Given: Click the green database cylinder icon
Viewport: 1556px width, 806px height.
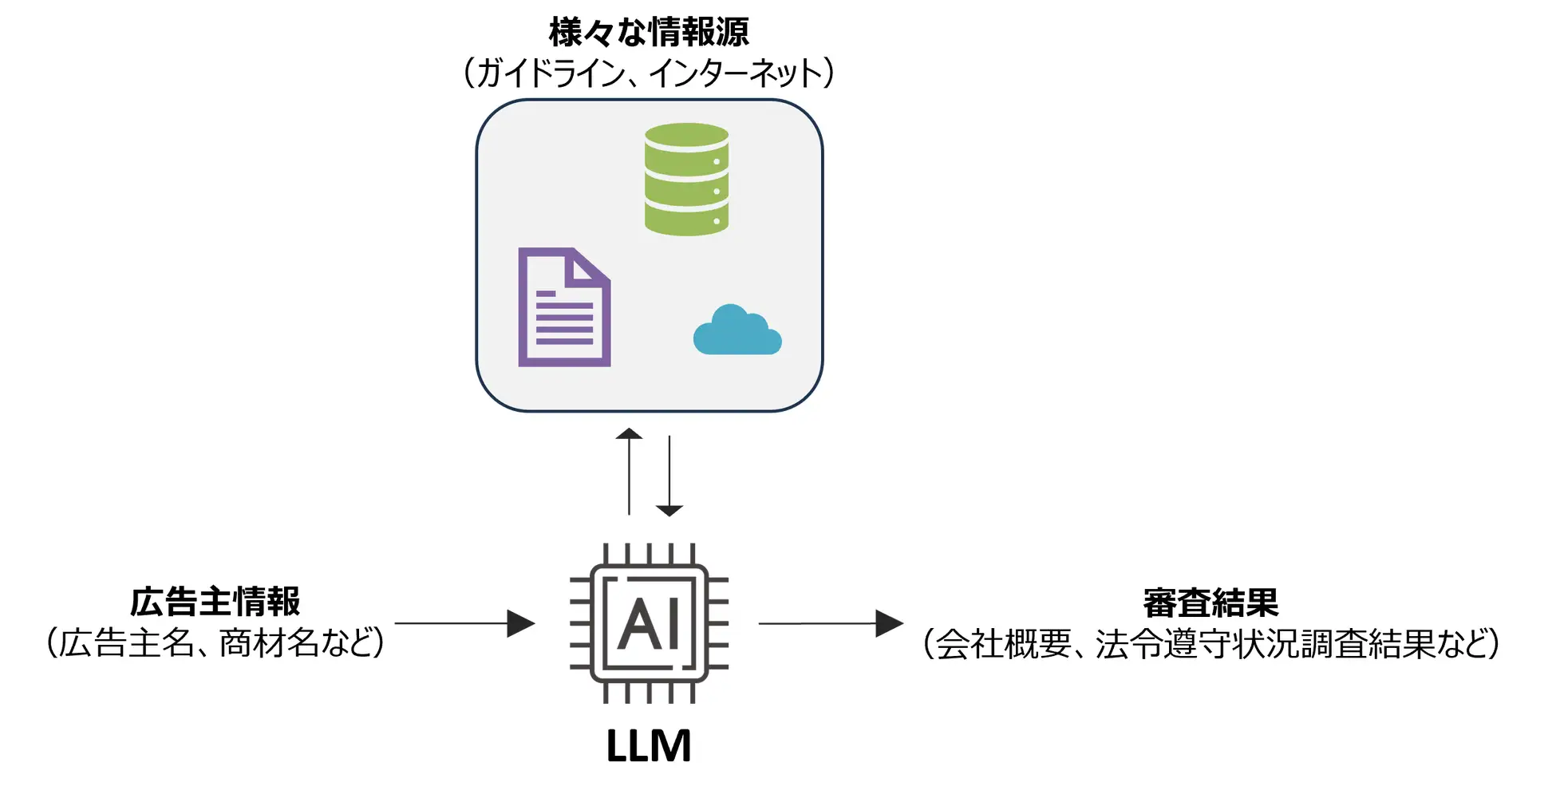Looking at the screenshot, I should pos(686,180).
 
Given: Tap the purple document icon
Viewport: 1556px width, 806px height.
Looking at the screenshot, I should pos(564,308).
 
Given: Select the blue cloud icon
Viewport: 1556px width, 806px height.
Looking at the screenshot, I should pos(737,330).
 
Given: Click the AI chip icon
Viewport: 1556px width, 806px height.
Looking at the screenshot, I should pos(649,623).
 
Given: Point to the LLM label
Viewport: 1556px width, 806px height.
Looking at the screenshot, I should pos(648,746).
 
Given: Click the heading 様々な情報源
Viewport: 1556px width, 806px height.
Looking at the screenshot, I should pos(649,33).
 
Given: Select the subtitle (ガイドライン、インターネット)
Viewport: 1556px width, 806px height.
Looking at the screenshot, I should pos(649,73).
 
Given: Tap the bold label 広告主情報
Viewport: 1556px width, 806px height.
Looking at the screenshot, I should pos(215,602).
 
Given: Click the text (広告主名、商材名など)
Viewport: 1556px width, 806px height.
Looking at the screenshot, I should pos(215,643).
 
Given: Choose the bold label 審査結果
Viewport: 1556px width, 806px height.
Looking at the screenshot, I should pos(1210,603).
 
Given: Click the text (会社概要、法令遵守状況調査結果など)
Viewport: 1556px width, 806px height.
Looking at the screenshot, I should pos(1210,644).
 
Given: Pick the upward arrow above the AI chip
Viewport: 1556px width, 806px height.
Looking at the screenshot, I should pos(629,472).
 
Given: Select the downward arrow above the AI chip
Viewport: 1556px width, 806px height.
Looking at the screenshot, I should pos(669,476).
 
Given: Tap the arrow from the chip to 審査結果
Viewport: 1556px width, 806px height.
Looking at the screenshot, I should pos(831,623).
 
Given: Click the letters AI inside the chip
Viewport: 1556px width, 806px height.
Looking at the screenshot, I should pos(649,623).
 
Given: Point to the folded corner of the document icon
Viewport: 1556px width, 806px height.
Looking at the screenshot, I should pos(586,267).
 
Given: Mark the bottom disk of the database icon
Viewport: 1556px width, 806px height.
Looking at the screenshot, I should pos(686,219).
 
